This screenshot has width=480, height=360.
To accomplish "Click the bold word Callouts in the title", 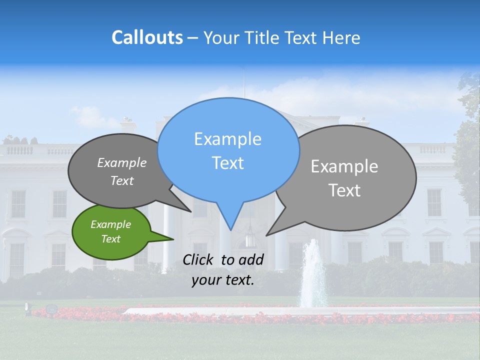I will pos(147,37).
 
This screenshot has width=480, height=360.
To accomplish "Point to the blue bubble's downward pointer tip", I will pos(230,229).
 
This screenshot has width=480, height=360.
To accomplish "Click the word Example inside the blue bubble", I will pos(227,139).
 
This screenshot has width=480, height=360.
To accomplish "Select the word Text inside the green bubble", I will pos(111,239).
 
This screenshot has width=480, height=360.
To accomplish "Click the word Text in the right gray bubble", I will pos(344,190).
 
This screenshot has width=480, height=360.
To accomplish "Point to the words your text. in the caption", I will pos(223,280).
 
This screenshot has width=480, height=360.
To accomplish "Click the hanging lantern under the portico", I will pos(250,237).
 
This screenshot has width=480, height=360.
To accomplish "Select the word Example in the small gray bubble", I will pos(121,163).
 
